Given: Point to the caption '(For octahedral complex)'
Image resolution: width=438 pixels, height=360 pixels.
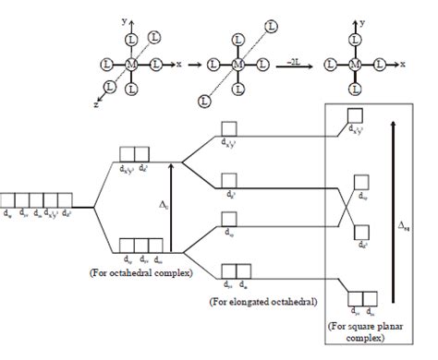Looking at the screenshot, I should pyautogui.click(x=145, y=274).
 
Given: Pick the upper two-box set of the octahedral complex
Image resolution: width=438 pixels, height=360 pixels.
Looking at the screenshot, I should pyautogui.click(x=136, y=154).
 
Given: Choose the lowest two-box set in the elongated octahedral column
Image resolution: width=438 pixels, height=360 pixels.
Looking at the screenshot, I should pyautogui.click(x=237, y=271).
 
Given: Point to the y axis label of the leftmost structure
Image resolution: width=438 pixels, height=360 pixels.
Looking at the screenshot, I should pyautogui.click(x=122, y=18).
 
